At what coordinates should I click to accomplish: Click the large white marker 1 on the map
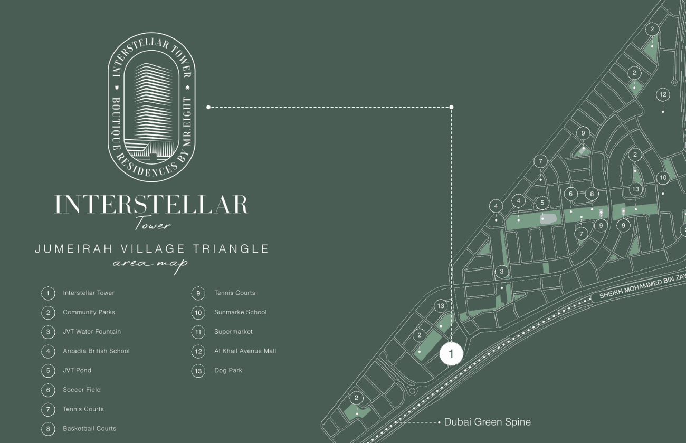coord(451,354)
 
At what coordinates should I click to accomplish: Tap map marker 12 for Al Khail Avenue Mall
coord(663,95)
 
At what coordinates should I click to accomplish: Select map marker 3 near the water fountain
coord(502,272)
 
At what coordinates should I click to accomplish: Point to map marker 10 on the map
coord(663,178)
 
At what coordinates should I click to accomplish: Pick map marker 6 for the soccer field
coord(570,194)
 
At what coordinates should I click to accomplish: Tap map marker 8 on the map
coord(592,194)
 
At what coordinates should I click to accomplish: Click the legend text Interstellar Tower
coord(88,293)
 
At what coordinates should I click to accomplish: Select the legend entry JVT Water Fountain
coord(92,332)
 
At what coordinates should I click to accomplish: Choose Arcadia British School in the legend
coord(96,351)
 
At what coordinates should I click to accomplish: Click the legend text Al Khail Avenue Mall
coord(245,351)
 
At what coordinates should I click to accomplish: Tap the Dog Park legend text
coord(228,370)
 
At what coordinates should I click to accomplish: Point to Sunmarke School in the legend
coord(240,312)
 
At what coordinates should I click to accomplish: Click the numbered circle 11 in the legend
coord(198,332)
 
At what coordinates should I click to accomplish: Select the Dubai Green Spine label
coord(487,422)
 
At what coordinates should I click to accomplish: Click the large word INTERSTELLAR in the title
coord(151,205)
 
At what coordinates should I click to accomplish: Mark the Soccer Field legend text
coord(82,390)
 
